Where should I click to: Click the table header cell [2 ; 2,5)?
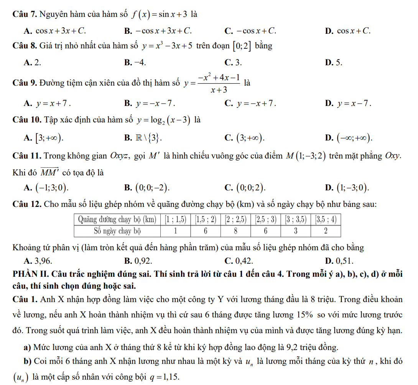point(235,220)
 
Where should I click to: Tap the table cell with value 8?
point(235,231)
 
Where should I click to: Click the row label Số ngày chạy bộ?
point(117,231)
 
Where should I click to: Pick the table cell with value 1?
point(175,231)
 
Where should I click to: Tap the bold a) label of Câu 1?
point(27,348)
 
